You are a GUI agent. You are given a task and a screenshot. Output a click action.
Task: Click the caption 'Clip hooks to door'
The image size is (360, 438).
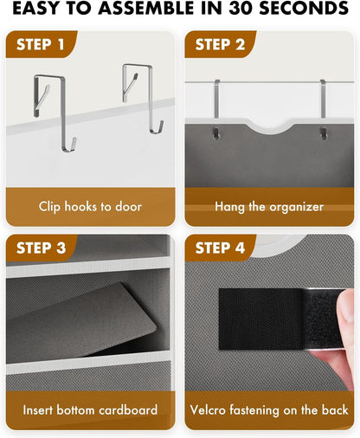pyautogui.click(x=89, y=207)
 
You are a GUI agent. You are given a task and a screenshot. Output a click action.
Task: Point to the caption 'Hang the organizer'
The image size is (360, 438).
pyautogui.click(x=268, y=207)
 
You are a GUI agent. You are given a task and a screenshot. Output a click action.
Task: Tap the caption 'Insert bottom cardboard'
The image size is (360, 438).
pyautogui.click(x=89, y=410)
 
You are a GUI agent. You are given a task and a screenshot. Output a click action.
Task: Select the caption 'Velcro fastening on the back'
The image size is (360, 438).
pyautogui.click(x=268, y=410)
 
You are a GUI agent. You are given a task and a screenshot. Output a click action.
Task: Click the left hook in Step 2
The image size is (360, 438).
pyautogui.click(x=215, y=108)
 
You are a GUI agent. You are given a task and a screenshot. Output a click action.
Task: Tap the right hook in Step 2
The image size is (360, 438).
pyautogui.click(x=322, y=108)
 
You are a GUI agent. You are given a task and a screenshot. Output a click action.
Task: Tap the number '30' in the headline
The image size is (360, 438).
pyautogui.click(x=248, y=10)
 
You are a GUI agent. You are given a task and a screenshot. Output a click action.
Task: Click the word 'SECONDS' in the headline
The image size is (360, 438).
pyautogui.click(x=307, y=10)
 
